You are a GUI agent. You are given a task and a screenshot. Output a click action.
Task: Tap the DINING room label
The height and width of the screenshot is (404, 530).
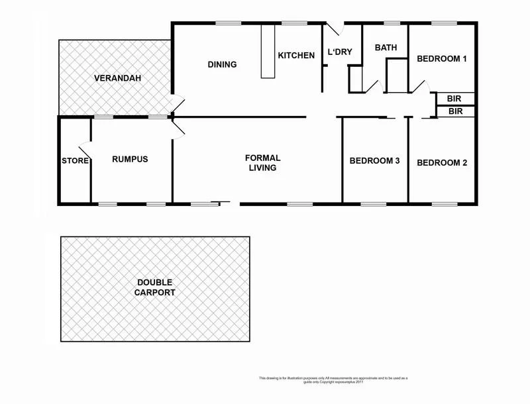[222, 64]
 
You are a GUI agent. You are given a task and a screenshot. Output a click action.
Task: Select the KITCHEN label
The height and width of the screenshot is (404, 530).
[296, 56]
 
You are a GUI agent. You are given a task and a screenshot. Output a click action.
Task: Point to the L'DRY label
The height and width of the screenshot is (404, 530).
[340, 52]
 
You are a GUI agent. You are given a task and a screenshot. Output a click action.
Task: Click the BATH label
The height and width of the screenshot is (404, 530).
[385, 48]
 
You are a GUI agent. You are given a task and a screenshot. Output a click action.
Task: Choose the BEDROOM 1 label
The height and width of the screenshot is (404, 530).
[442, 59]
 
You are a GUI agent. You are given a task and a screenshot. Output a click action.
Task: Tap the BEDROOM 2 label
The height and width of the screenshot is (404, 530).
[442, 162]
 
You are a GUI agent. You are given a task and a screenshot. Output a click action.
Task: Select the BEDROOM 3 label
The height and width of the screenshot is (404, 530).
[375, 161]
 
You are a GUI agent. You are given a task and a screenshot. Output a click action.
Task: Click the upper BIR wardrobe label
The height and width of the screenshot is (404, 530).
[454, 99]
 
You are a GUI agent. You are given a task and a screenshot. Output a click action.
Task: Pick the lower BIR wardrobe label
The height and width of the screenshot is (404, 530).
[455, 111]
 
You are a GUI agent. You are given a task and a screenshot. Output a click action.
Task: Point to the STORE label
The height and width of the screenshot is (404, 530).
[75, 161]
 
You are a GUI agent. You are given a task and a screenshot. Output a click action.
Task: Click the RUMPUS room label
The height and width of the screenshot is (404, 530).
[130, 160]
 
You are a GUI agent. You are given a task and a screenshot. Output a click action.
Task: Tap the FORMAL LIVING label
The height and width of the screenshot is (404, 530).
[263, 163]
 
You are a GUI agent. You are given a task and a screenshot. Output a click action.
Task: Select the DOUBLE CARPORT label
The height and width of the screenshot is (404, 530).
[154, 287]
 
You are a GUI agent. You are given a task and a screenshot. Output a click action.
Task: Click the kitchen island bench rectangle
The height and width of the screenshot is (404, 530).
[268, 52]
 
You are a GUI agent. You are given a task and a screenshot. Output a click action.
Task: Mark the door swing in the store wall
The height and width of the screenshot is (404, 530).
[84, 150]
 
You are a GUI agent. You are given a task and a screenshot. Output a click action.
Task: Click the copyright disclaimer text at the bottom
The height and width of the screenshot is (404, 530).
[333, 379]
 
